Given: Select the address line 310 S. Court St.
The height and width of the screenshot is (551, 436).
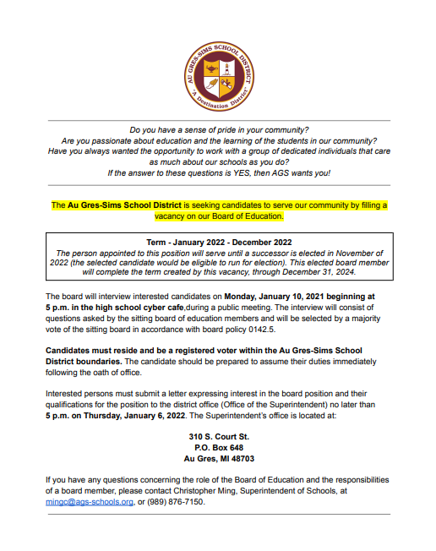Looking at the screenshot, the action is (218, 436).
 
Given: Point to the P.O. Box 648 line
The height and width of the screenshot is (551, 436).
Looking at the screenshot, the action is (218, 447).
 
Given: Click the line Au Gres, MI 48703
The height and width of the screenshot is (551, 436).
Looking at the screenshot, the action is (218, 458).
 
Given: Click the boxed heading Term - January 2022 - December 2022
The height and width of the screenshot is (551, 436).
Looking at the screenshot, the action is (218, 241).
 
